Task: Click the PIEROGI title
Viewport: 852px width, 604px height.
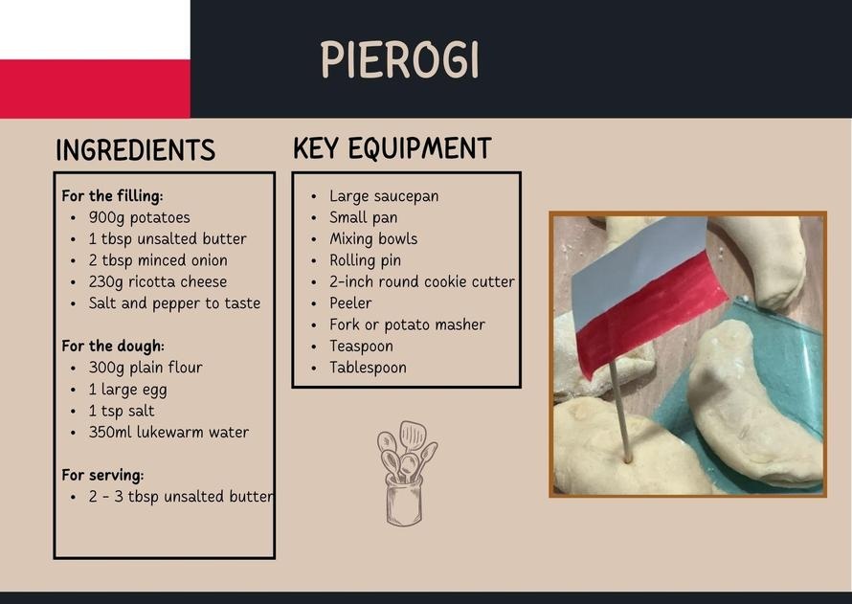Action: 400,59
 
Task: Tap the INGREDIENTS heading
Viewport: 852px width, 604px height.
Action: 135,150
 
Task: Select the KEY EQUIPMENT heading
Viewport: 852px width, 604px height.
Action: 392,148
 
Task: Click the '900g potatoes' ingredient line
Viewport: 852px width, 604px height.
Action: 139,218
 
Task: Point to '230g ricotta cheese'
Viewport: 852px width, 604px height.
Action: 158,282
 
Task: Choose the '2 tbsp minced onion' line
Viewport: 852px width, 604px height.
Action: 158,260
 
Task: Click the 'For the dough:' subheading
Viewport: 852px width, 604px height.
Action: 113,346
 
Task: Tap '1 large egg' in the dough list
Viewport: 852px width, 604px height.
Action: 127,390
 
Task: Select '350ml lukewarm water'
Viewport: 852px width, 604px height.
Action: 168,433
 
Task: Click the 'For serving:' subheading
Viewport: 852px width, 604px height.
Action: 102,476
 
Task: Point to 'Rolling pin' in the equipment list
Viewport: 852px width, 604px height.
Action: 365,260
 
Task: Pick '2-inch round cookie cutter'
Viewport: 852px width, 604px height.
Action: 421,282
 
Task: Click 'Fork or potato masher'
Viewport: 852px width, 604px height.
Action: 407,324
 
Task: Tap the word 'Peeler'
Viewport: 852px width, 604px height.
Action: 350,303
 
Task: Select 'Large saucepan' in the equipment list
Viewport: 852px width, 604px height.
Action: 384,196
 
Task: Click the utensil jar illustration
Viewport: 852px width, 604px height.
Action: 407,474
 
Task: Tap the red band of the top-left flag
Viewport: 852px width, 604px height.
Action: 95,88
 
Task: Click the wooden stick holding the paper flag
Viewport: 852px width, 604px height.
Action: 618,413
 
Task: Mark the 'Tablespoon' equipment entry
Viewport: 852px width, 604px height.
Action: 368,368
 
